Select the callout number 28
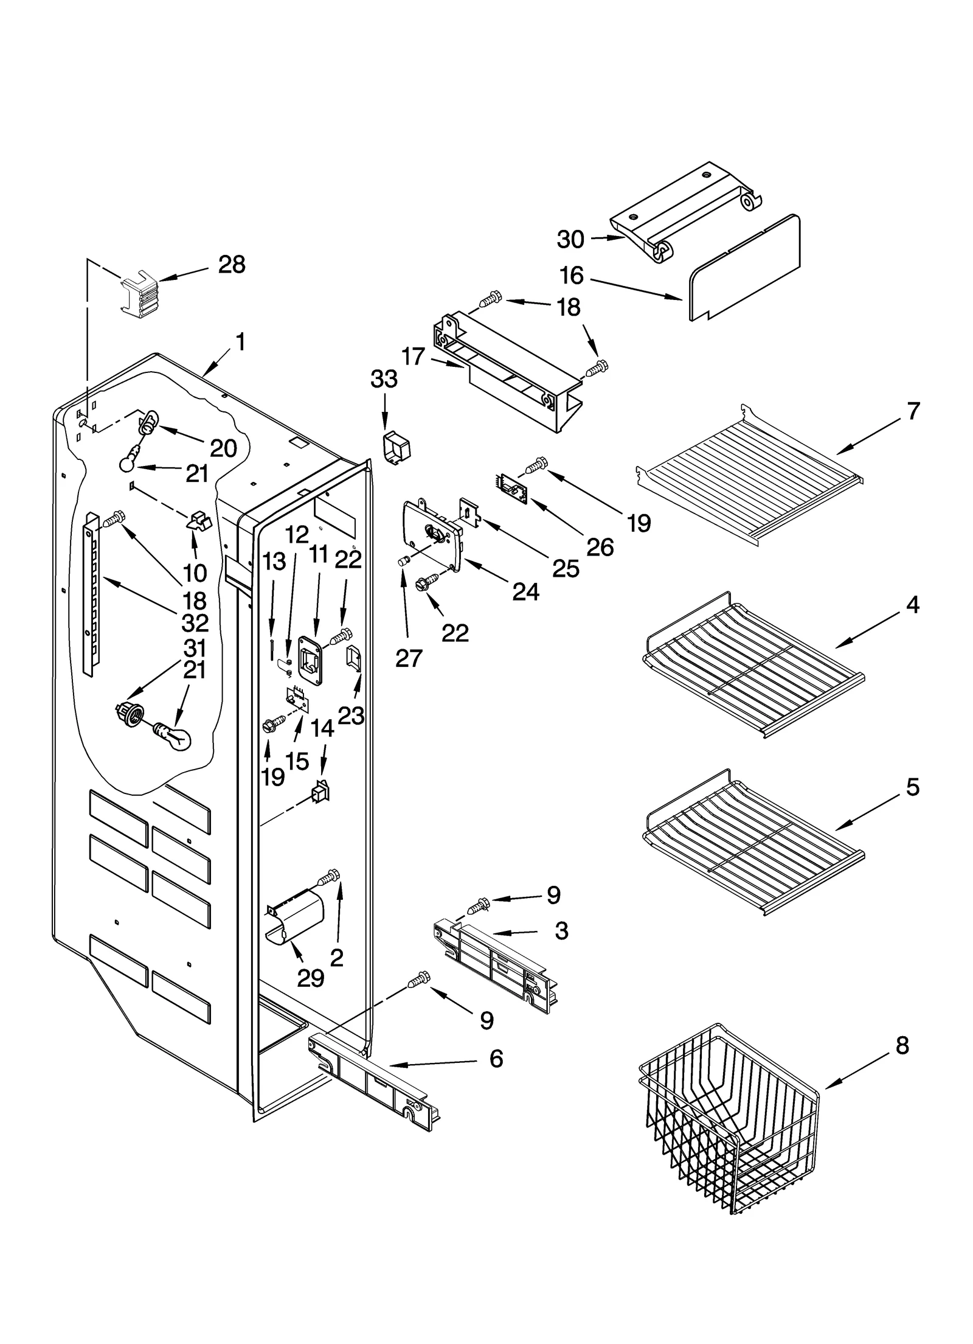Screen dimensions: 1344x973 pos(232,265)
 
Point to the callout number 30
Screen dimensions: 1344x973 pos(570,240)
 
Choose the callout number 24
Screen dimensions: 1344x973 pos(525,591)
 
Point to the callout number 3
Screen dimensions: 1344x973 pos(561,931)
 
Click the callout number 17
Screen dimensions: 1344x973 pos(413,357)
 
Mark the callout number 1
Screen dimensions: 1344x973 pos(241,342)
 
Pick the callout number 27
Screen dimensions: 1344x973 pos(409,658)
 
